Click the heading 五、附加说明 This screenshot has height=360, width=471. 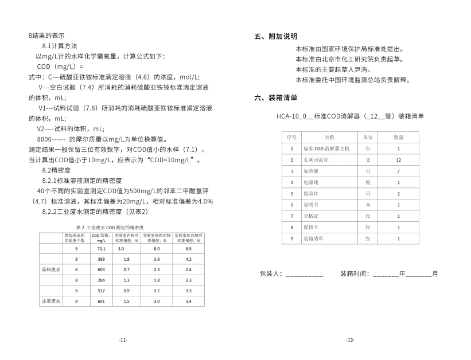pyautogui.click(x=276, y=36)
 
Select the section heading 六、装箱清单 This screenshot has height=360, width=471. pyautogui.click(x=276, y=98)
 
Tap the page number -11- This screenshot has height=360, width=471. pyautogui.click(x=123, y=340)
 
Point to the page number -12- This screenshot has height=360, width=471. pyautogui.click(x=350, y=340)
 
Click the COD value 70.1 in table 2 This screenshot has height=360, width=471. pyautogui.click(x=102, y=249)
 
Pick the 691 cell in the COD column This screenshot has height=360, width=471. pyautogui.click(x=102, y=300)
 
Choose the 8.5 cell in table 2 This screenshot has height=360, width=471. pyautogui.click(x=188, y=249)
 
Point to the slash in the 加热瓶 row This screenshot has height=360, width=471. pyautogui.click(x=398, y=171)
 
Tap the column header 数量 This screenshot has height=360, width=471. pyautogui.click(x=398, y=138)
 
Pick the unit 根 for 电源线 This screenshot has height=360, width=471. pyautogui.click(x=368, y=182)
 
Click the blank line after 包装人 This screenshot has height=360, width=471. pyautogui.click(x=304, y=275)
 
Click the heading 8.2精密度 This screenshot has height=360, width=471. pyautogui.click(x=56, y=170)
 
